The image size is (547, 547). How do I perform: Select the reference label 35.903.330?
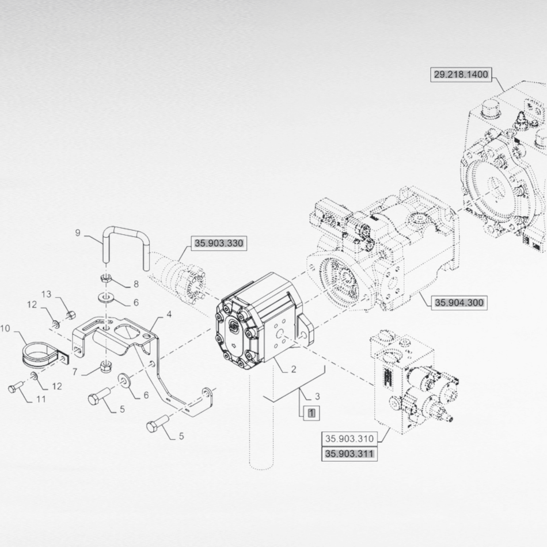[218, 244]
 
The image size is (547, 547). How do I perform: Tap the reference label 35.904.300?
[459, 302]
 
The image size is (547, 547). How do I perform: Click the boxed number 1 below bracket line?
[312, 412]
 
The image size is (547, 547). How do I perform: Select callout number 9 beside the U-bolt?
[78, 233]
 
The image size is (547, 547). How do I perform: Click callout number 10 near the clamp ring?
[5, 329]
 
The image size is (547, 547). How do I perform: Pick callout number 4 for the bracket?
[169, 314]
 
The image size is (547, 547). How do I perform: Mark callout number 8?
[136, 284]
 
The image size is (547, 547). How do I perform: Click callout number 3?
[317, 397]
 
